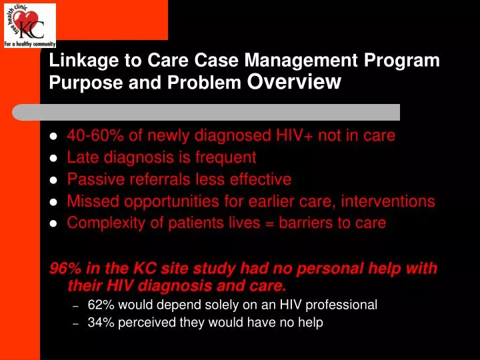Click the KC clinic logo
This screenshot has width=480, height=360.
29,25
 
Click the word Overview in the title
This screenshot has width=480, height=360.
294,82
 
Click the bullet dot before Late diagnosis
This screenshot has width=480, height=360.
54,159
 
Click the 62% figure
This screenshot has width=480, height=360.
99,305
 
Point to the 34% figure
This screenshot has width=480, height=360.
99,323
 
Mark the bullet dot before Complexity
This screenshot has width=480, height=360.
54,223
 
